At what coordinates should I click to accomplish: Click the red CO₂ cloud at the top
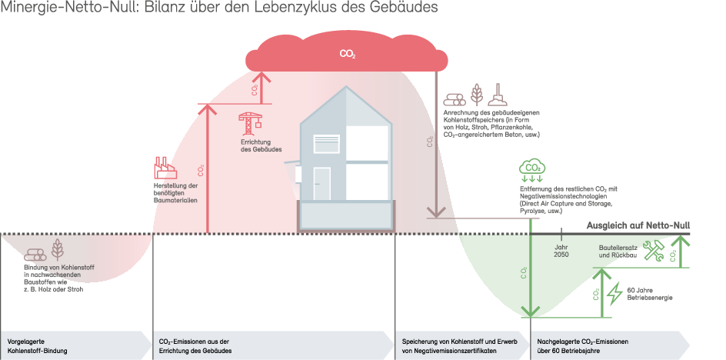(x=347, y=53)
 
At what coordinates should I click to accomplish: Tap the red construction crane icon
(x=251, y=123)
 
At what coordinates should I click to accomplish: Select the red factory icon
(x=165, y=168)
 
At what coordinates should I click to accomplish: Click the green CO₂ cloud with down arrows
(x=532, y=171)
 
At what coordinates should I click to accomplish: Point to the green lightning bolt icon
(x=615, y=293)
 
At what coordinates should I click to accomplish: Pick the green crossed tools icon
(x=653, y=250)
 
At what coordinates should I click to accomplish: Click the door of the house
(x=321, y=184)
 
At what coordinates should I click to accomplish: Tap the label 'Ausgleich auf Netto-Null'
(x=638, y=226)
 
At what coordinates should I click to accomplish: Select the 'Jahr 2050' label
(x=561, y=251)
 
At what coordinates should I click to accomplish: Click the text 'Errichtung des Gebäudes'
(x=255, y=145)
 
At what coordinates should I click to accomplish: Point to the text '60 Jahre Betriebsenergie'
(x=643, y=294)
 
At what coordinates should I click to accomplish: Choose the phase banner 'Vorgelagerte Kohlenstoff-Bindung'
(x=75, y=346)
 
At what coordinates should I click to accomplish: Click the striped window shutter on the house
(x=327, y=144)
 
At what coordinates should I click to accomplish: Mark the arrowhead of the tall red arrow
(x=208, y=108)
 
